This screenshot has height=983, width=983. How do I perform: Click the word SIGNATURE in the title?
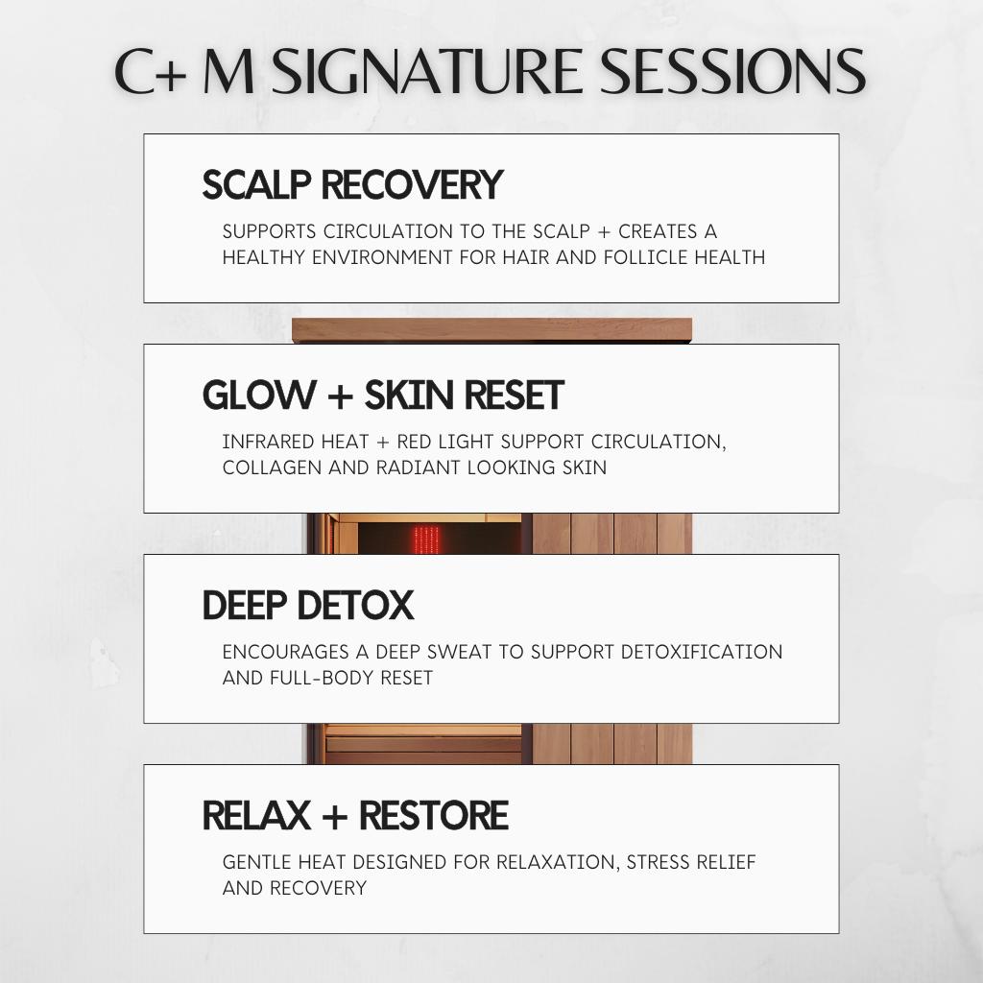[x=426, y=71]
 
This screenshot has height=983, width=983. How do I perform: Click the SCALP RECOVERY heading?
[x=352, y=184]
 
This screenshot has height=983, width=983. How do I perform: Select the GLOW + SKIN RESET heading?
[x=383, y=395]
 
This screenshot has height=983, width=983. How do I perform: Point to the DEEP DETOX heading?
[x=308, y=605]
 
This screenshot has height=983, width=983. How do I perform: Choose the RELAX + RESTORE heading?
[x=355, y=815]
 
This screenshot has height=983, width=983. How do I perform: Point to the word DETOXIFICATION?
[x=702, y=652]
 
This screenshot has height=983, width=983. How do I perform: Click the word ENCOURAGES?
[x=286, y=652]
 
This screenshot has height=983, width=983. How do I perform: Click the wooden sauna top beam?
[x=492, y=330]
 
